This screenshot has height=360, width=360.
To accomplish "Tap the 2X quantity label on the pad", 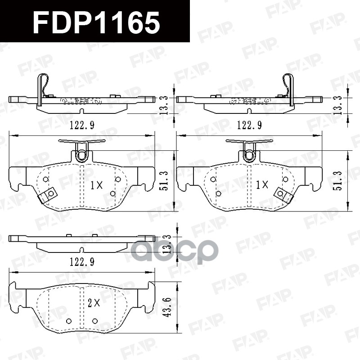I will [93, 303].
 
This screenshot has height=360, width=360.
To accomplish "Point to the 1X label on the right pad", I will [262, 184].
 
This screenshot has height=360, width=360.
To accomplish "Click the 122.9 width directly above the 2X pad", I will [81, 261].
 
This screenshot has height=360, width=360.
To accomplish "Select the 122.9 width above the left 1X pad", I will [81, 126].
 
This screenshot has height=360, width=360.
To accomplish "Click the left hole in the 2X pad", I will [69, 321].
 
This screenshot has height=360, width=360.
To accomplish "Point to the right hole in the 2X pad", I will [95, 321].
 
